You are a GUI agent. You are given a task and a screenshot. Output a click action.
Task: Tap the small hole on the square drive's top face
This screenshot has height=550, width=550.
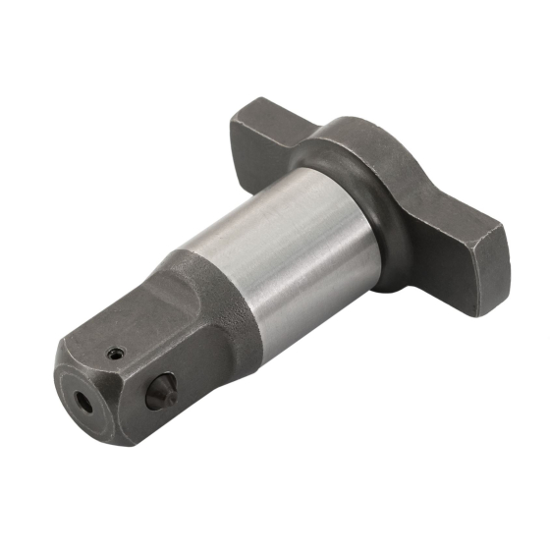point(118,353)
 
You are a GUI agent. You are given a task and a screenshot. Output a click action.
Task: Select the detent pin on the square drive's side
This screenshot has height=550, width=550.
point(158,395)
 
